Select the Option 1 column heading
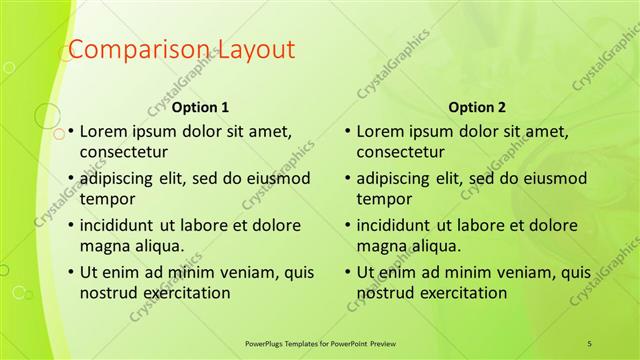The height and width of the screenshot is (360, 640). click(x=201, y=107)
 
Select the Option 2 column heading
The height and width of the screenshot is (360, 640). click(x=478, y=107)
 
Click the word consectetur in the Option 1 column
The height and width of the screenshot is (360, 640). click(x=123, y=152)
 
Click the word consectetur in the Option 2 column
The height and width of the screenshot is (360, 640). click(x=400, y=152)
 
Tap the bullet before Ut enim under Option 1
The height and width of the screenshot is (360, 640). click(x=70, y=272)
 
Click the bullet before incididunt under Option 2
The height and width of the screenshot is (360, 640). click(x=347, y=225)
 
